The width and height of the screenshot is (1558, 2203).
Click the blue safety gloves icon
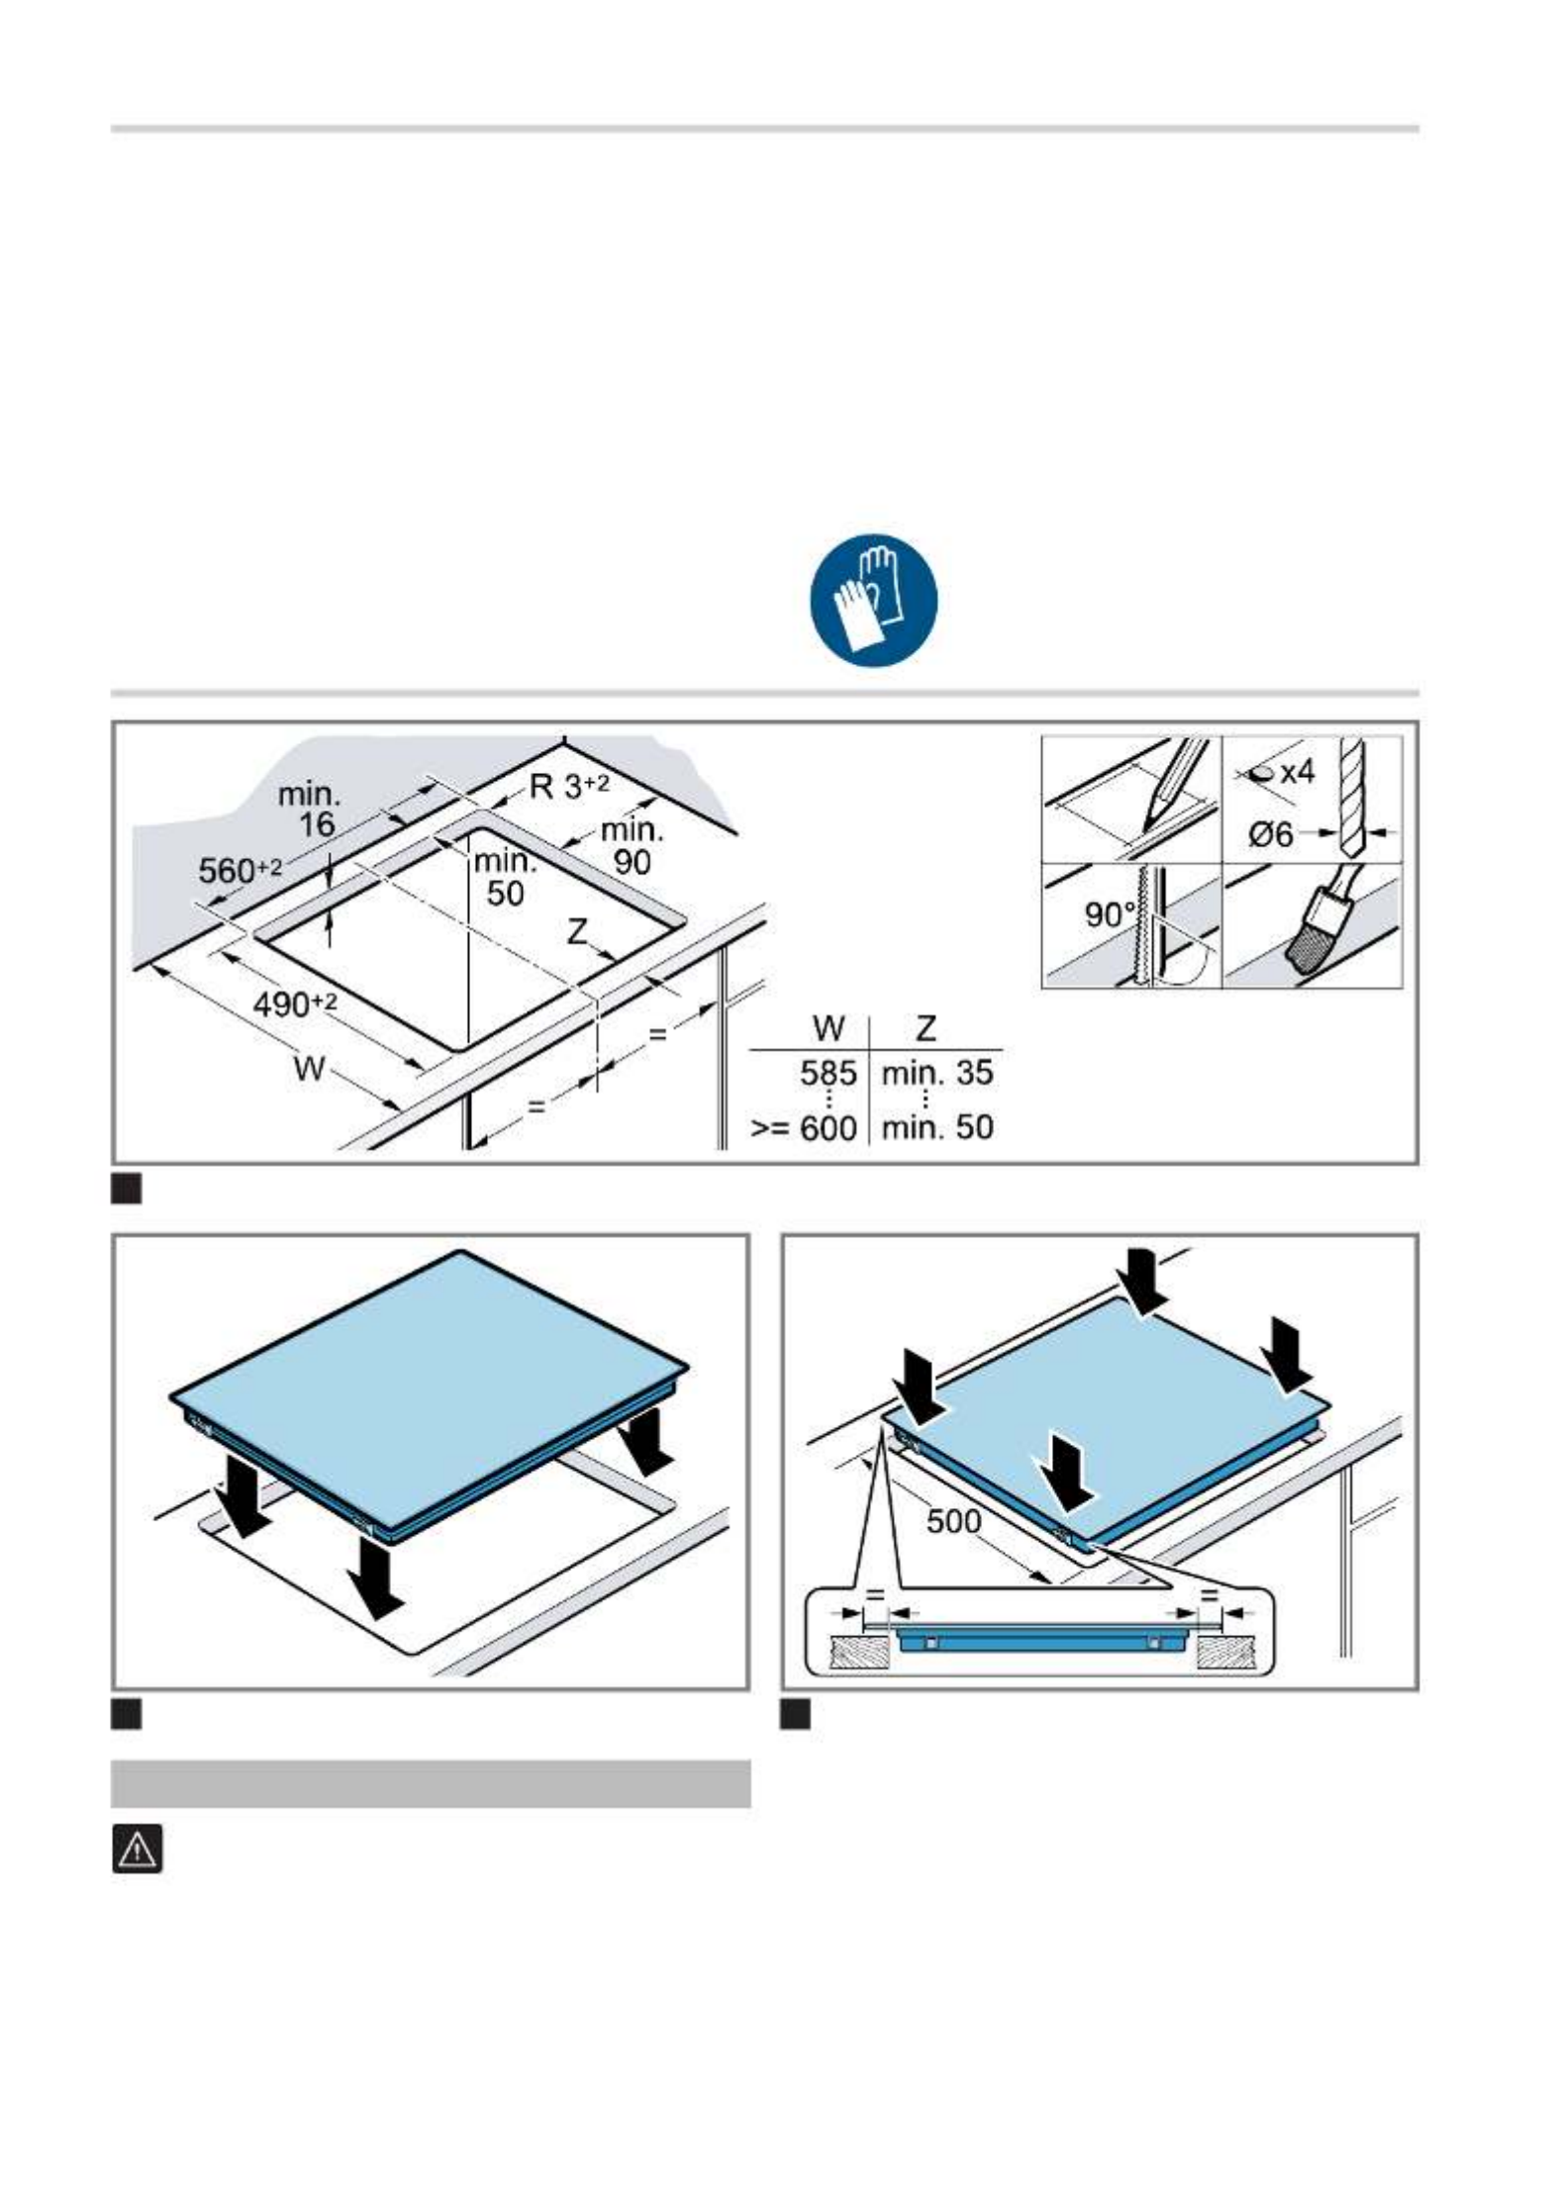[x=874, y=602]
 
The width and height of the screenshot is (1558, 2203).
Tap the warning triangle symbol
[x=137, y=1849]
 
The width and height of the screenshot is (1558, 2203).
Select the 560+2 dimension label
[x=241, y=870]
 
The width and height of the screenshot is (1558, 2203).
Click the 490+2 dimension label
[x=295, y=1005]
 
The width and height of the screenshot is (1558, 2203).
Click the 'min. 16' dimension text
[x=309, y=809]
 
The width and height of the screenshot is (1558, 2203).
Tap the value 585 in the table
[x=828, y=1073]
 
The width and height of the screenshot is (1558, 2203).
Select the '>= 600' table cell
[x=803, y=1127]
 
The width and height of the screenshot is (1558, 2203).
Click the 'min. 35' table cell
[x=936, y=1073]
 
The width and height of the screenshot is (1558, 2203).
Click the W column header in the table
[x=828, y=1029]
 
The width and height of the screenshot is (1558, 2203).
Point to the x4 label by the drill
[x=1297, y=772]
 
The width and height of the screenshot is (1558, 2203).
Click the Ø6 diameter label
[x=1270, y=834]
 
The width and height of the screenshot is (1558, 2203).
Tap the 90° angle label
[x=1109, y=913]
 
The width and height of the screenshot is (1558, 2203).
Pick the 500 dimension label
[x=953, y=1520]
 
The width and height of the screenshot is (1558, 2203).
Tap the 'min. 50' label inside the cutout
[x=504, y=877]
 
